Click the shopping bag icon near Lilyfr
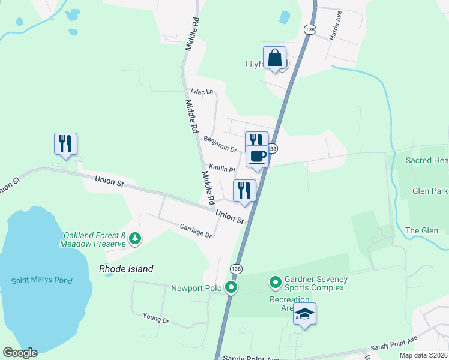(274, 59)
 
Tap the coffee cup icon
(257, 157)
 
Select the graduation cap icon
(305, 314)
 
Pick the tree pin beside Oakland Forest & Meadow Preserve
(136, 239)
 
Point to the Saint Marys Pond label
(42, 280)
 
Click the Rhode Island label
(126, 269)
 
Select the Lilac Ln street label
(202, 92)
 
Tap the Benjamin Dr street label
(220, 143)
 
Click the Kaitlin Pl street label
(221, 169)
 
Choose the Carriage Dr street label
(196, 230)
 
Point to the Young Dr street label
(156, 318)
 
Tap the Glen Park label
(430, 191)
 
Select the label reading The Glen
(421, 230)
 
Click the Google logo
(20, 353)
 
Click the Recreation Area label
(289, 304)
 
